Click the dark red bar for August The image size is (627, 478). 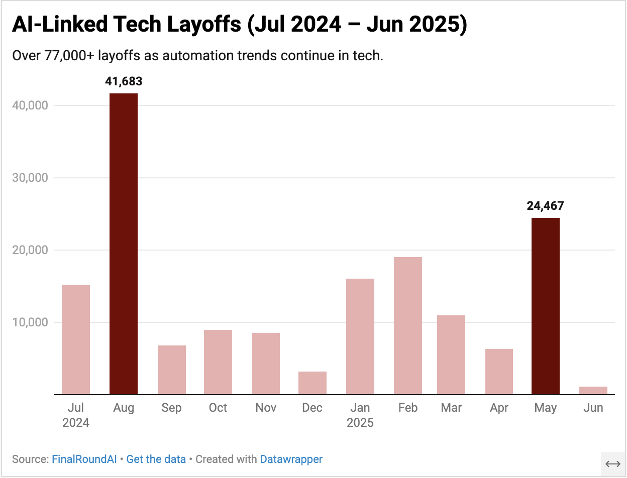pyautogui.click(x=124, y=244)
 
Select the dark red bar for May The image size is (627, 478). pyautogui.click(x=545, y=306)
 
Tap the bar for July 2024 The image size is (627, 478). pyautogui.click(x=76, y=339)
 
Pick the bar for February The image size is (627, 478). pyautogui.click(x=407, y=325)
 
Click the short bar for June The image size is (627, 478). pyautogui.click(x=593, y=390)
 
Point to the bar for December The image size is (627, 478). pyautogui.click(x=312, y=383)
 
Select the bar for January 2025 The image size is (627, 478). pyautogui.click(x=360, y=336)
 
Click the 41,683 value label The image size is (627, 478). pyautogui.click(x=124, y=81)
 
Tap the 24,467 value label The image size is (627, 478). pyautogui.click(x=545, y=206)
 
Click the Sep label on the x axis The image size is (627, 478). pyautogui.click(x=171, y=408)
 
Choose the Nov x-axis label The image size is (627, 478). pyautogui.click(x=265, y=408)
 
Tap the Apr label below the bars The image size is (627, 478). pyautogui.click(x=499, y=408)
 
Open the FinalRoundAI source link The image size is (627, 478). pyautogui.click(x=84, y=459)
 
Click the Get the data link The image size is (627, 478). pyautogui.click(x=156, y=459)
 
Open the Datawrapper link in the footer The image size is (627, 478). pyautogui.click(x=291, y=459)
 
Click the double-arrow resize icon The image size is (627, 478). pyautogui.click(x=612, y=464)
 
